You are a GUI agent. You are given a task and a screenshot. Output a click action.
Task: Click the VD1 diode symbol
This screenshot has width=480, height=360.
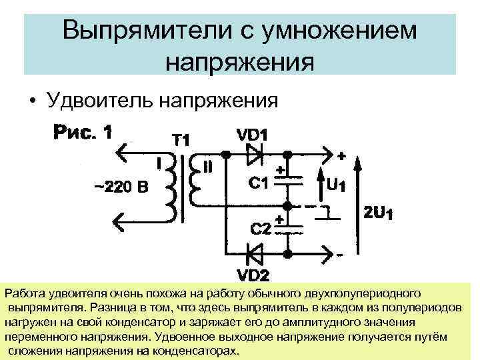256,155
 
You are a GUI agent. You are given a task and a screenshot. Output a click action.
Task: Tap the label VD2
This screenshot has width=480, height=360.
255,274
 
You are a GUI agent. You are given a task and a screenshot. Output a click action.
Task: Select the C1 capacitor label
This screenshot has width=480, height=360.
257,182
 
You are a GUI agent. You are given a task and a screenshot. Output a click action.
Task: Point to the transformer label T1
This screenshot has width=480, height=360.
181,141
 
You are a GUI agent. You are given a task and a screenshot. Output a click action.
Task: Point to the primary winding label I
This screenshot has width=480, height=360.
159,162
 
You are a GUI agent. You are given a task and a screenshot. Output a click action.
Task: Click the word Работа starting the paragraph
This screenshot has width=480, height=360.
24,293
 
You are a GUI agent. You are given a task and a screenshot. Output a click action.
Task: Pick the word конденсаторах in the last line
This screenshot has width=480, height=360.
200,351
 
